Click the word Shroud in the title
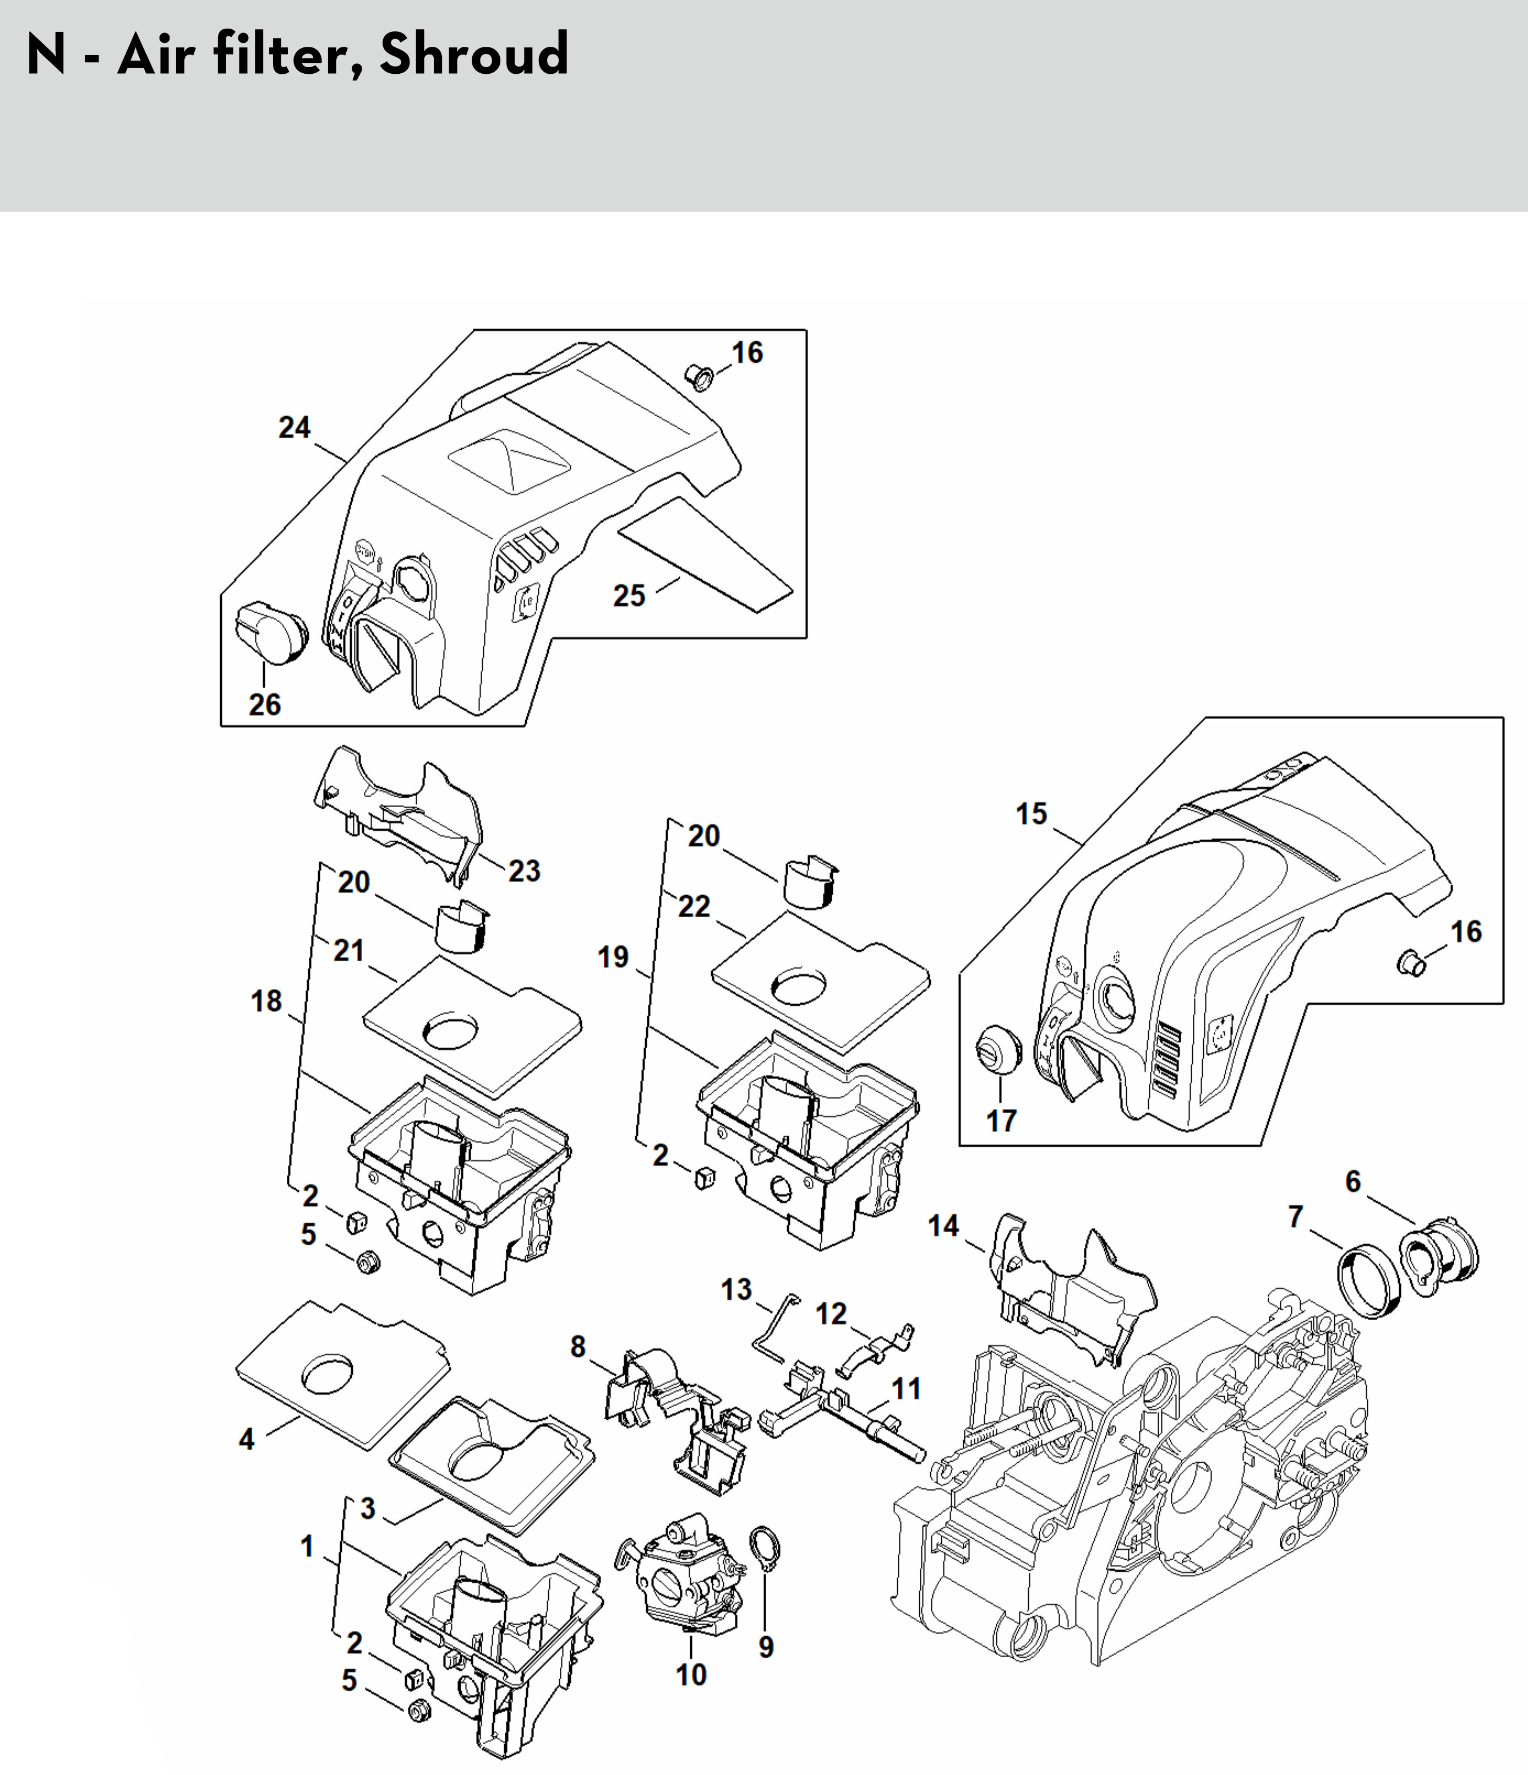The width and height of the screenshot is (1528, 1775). (x=473, y=54)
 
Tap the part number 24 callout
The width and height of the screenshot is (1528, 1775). (x=294, y=427)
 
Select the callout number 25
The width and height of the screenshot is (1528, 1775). (x=629, y=595)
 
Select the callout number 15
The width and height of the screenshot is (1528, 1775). (x=1031, y=813)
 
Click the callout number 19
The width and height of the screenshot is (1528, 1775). (x=613, y=957)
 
